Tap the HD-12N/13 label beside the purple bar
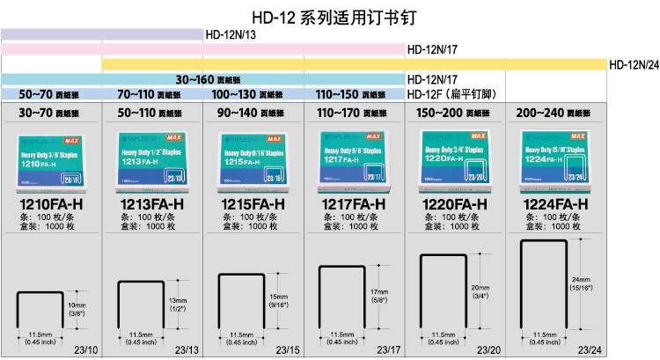tap(231, 35)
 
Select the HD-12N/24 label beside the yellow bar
tap(634, 64)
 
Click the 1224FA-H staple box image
tap(555, 160)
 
